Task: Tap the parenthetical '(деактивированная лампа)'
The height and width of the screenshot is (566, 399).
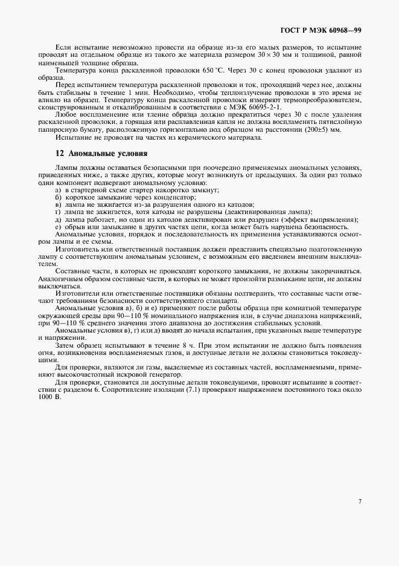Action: pyautogui.click(x=266, y=212)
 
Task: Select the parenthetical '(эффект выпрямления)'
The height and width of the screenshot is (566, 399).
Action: pyautogui.click(x=321, y=219)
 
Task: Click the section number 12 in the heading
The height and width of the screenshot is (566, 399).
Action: pyautogui.click(x=59, y=154)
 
